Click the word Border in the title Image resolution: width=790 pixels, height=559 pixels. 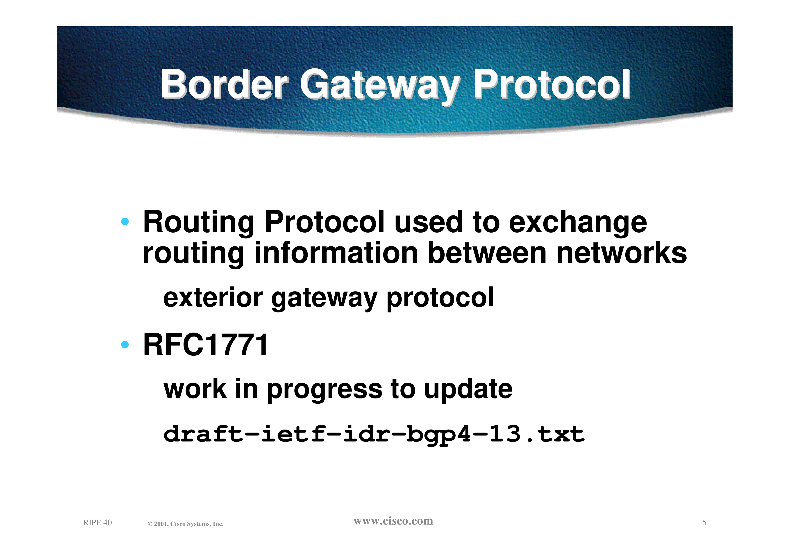[225, 84]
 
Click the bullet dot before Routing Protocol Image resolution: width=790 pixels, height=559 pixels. [125, 221]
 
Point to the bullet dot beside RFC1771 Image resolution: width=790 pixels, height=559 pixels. [125, 344]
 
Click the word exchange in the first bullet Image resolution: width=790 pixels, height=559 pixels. [578, 223]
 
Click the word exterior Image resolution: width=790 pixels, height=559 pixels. [213, 298]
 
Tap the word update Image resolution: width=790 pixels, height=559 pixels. [468, 389]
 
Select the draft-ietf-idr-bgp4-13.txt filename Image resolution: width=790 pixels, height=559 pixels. [374, 435]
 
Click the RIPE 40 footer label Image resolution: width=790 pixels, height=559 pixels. [98, 523]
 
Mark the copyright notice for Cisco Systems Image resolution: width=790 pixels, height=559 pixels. [186, 524]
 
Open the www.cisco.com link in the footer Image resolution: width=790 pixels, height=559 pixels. [393, 521]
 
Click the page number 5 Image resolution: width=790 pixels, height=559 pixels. [704, 523]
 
